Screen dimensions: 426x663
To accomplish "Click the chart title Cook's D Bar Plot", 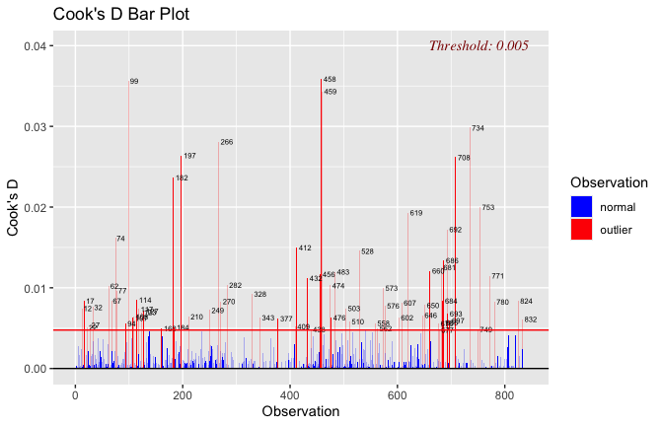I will tap(120, 16).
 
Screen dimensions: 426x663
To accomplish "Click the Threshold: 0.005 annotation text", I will tap(479, 45).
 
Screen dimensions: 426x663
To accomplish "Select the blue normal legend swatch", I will tap(582, 207).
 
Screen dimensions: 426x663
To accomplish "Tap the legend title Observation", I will tap(609, 182).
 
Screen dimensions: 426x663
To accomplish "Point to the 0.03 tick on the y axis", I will tap(36, 127).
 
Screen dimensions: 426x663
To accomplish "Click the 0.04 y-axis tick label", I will tap(36, 46).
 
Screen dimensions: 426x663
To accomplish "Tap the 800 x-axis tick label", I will tap(503, 393).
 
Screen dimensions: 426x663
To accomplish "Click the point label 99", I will tap(134, 82).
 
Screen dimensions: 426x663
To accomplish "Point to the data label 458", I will tap(330, 79).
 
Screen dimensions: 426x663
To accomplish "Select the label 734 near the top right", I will tap(478, 128).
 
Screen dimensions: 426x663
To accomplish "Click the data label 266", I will tap(227, 143).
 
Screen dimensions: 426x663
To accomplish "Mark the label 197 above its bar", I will tap(189, 156).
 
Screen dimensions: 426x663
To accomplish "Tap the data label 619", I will tap(416, 213).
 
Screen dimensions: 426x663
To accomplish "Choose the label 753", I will tap(488, 207).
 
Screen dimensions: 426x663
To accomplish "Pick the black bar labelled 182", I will tap(174, 276).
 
